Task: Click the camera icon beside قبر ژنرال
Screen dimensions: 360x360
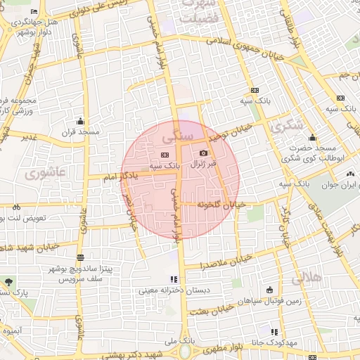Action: (204, 153)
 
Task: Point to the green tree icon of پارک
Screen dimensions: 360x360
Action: (8, 282)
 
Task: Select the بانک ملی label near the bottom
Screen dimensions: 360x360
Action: (178, 341)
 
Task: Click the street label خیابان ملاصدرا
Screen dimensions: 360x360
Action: (202, 266)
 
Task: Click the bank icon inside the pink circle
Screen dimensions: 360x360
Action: (165, 155)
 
